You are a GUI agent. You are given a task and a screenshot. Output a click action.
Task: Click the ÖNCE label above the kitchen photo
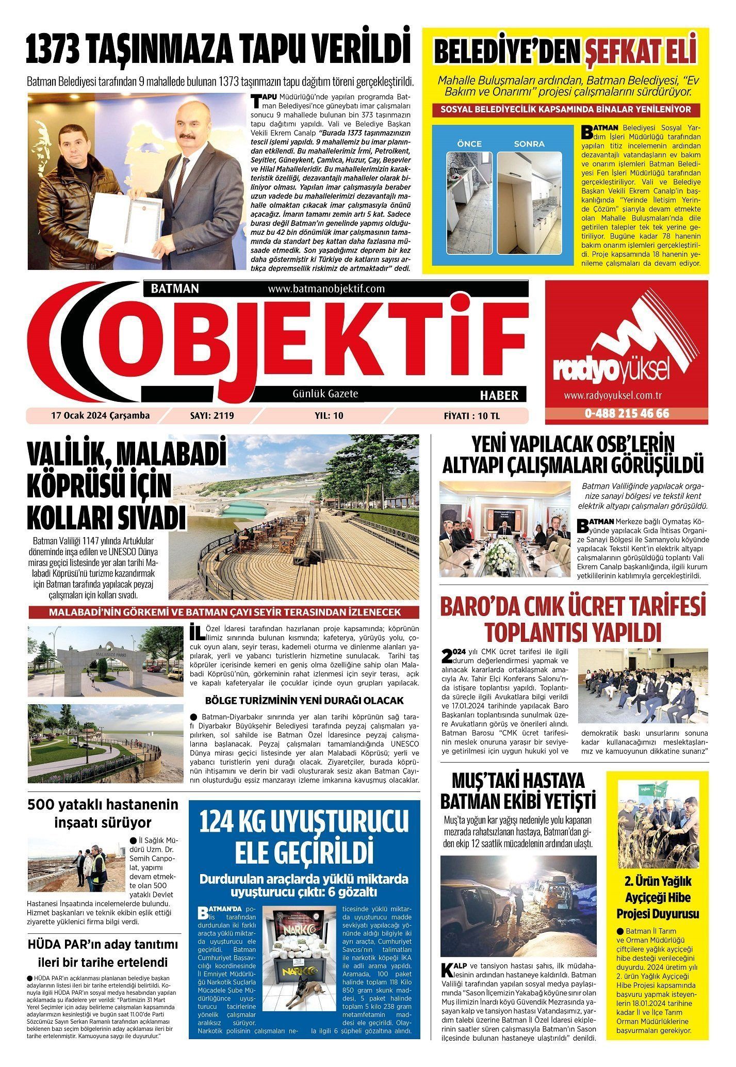(x=469, y=143)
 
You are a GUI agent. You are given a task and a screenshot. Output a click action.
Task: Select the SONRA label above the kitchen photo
(x=529, y=143)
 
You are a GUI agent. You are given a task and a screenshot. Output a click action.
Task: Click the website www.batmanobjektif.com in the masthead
(x=326, y=289)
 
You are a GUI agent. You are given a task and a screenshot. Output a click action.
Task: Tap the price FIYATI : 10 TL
(x=471, y=416)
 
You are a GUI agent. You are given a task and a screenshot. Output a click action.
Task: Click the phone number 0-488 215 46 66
(x=627, y=414)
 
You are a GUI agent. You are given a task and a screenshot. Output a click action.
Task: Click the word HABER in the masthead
(x=499, y=395)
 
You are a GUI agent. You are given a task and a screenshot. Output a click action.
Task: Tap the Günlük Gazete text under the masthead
(x=325, y=394)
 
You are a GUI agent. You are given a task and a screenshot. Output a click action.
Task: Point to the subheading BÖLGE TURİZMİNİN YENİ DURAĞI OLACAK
(x=304, y=701)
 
